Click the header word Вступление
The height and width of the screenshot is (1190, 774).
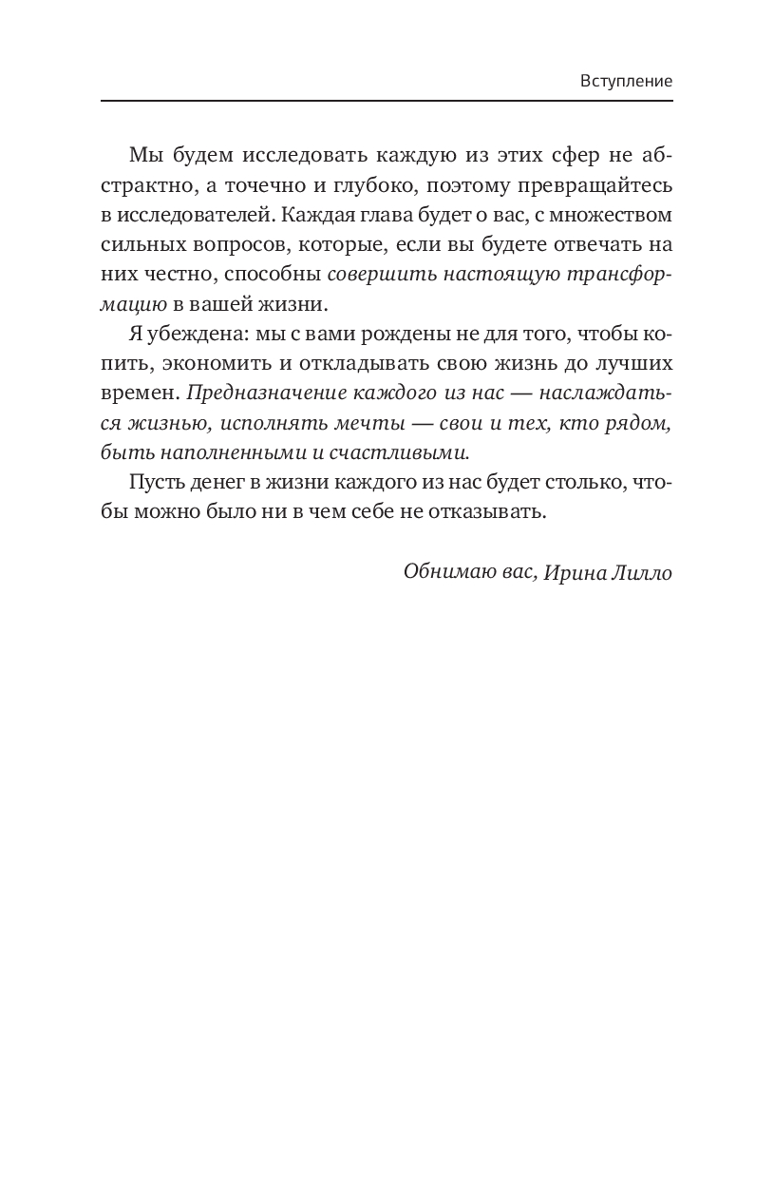point(626,81)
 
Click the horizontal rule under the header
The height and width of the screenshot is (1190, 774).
point(387,101)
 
